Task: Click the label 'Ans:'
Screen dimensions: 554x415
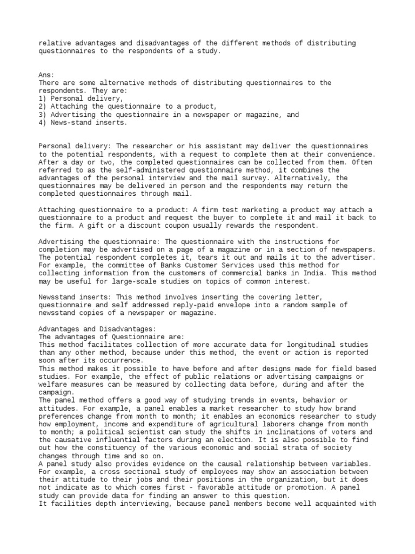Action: (x=46, y=75)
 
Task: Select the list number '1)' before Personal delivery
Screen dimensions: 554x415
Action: (x=43, y=99)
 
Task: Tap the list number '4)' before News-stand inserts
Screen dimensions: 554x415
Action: (x=43, y=123)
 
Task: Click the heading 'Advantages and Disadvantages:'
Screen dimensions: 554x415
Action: (x=97, y=329)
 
